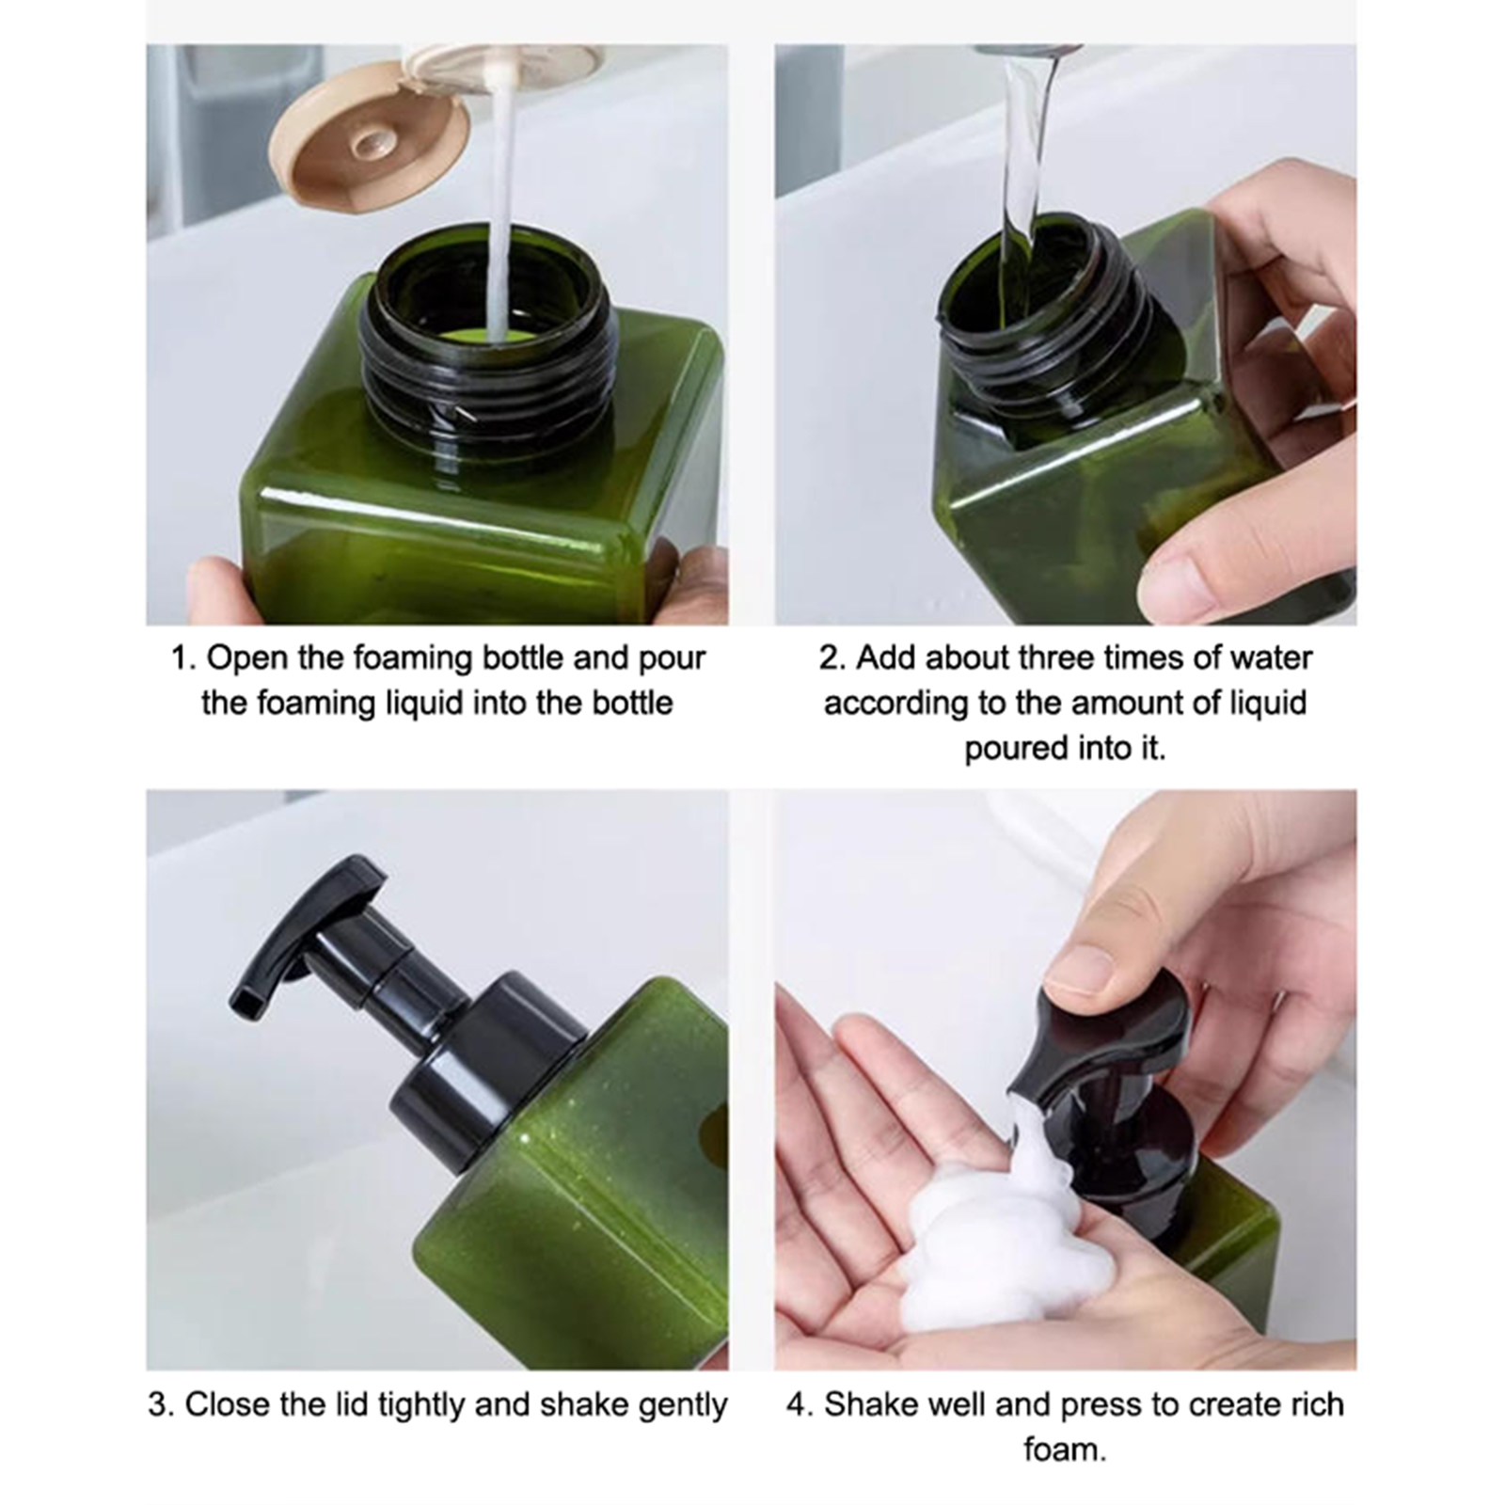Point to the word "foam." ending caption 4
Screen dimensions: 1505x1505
[x=1065, y=1450]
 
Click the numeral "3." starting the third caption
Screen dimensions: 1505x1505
[x=161, y=1405]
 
